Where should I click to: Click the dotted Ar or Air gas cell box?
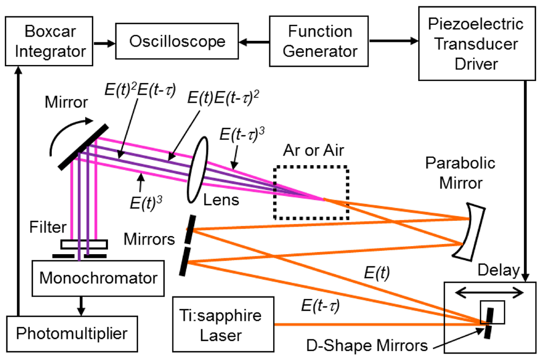click(x=311, y=193)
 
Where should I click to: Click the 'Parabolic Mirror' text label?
click(x=460, y=173)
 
